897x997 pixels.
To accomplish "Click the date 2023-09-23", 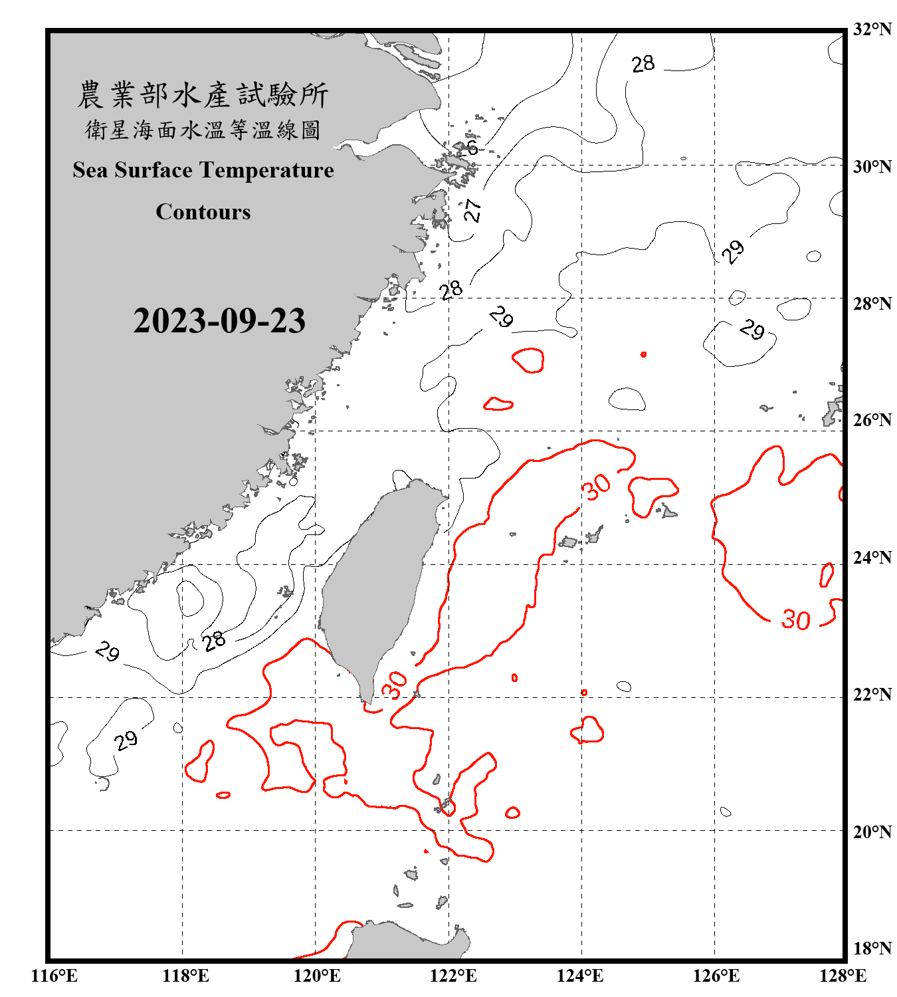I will click(219, 320).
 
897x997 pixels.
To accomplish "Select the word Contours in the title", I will click(203, 212).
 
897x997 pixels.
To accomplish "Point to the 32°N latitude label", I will click(872, 29).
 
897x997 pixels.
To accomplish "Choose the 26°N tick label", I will click(872, 420).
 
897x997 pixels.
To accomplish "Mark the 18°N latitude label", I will click(872, 948).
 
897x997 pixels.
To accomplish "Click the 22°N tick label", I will click(872, 695).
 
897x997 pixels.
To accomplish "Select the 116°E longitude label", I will click(54, 976).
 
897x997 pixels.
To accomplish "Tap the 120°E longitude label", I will click(317, 976).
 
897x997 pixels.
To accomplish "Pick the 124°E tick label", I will click(580, 976).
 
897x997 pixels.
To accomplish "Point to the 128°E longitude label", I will click(843, 976).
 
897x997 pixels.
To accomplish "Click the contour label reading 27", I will click(472, 210).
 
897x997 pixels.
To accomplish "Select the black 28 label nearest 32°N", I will click(643, 64).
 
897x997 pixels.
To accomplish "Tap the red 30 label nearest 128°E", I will click(795, 620).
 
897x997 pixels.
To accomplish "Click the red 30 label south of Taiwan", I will click(395, 685).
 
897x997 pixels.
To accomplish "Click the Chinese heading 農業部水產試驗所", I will click(203, 95).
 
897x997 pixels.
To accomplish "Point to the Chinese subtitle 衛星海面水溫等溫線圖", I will click(203, 130).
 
